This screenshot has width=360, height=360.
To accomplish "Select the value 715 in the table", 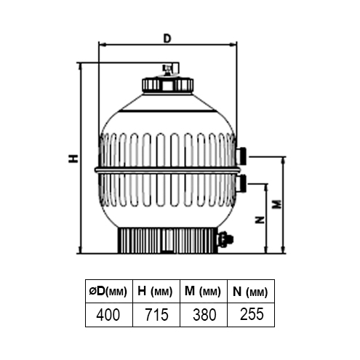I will (x=156, y=315).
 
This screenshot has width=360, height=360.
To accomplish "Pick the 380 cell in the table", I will (x=203, y=315).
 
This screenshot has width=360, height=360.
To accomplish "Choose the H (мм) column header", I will (x=156, y=292).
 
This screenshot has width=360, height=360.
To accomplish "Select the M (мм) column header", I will (x=203, y=292).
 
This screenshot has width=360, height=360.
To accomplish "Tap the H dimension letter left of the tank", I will (x=73, y=159).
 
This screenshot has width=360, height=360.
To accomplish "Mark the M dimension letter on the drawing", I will (x=275, y=205).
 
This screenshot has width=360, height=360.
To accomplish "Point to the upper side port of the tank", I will (x=241, y=154).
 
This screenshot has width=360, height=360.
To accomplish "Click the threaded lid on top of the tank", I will (x=167, y=84).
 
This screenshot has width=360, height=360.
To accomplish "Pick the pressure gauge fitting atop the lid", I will (x=169, y=70).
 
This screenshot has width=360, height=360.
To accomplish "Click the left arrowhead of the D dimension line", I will (x=100, y=45).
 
